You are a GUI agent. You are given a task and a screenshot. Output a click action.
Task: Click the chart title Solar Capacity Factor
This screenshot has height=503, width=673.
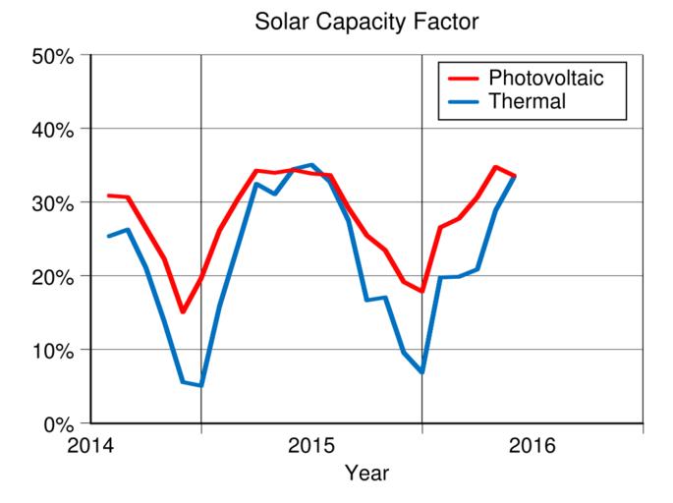[x=365, y=20]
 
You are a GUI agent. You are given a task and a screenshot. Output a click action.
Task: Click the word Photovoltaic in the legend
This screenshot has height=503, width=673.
[x=546, y=78]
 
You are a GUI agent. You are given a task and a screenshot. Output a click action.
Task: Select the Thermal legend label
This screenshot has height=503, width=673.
[x=528, y=100]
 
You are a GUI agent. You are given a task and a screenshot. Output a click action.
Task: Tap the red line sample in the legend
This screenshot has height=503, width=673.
[x=463, y=78]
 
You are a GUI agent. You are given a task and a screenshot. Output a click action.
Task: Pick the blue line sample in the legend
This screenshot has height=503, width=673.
[x=463, y=100]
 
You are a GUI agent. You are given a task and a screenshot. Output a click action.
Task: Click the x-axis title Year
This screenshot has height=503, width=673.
[x=366, y=474]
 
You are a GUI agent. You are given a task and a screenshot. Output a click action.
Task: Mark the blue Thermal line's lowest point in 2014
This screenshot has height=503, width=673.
[x=200, y=385]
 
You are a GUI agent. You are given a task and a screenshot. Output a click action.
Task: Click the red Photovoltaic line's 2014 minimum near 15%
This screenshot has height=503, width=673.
[x=183, y=311]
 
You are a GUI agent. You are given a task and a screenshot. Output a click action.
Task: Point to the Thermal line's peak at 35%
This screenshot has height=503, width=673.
[x=311, y=165]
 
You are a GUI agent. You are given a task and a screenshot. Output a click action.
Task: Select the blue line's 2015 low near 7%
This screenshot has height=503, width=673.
[x=421, y=372]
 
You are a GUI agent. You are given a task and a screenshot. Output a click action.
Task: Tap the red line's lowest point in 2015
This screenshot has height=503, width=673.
[x=421, y=291]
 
